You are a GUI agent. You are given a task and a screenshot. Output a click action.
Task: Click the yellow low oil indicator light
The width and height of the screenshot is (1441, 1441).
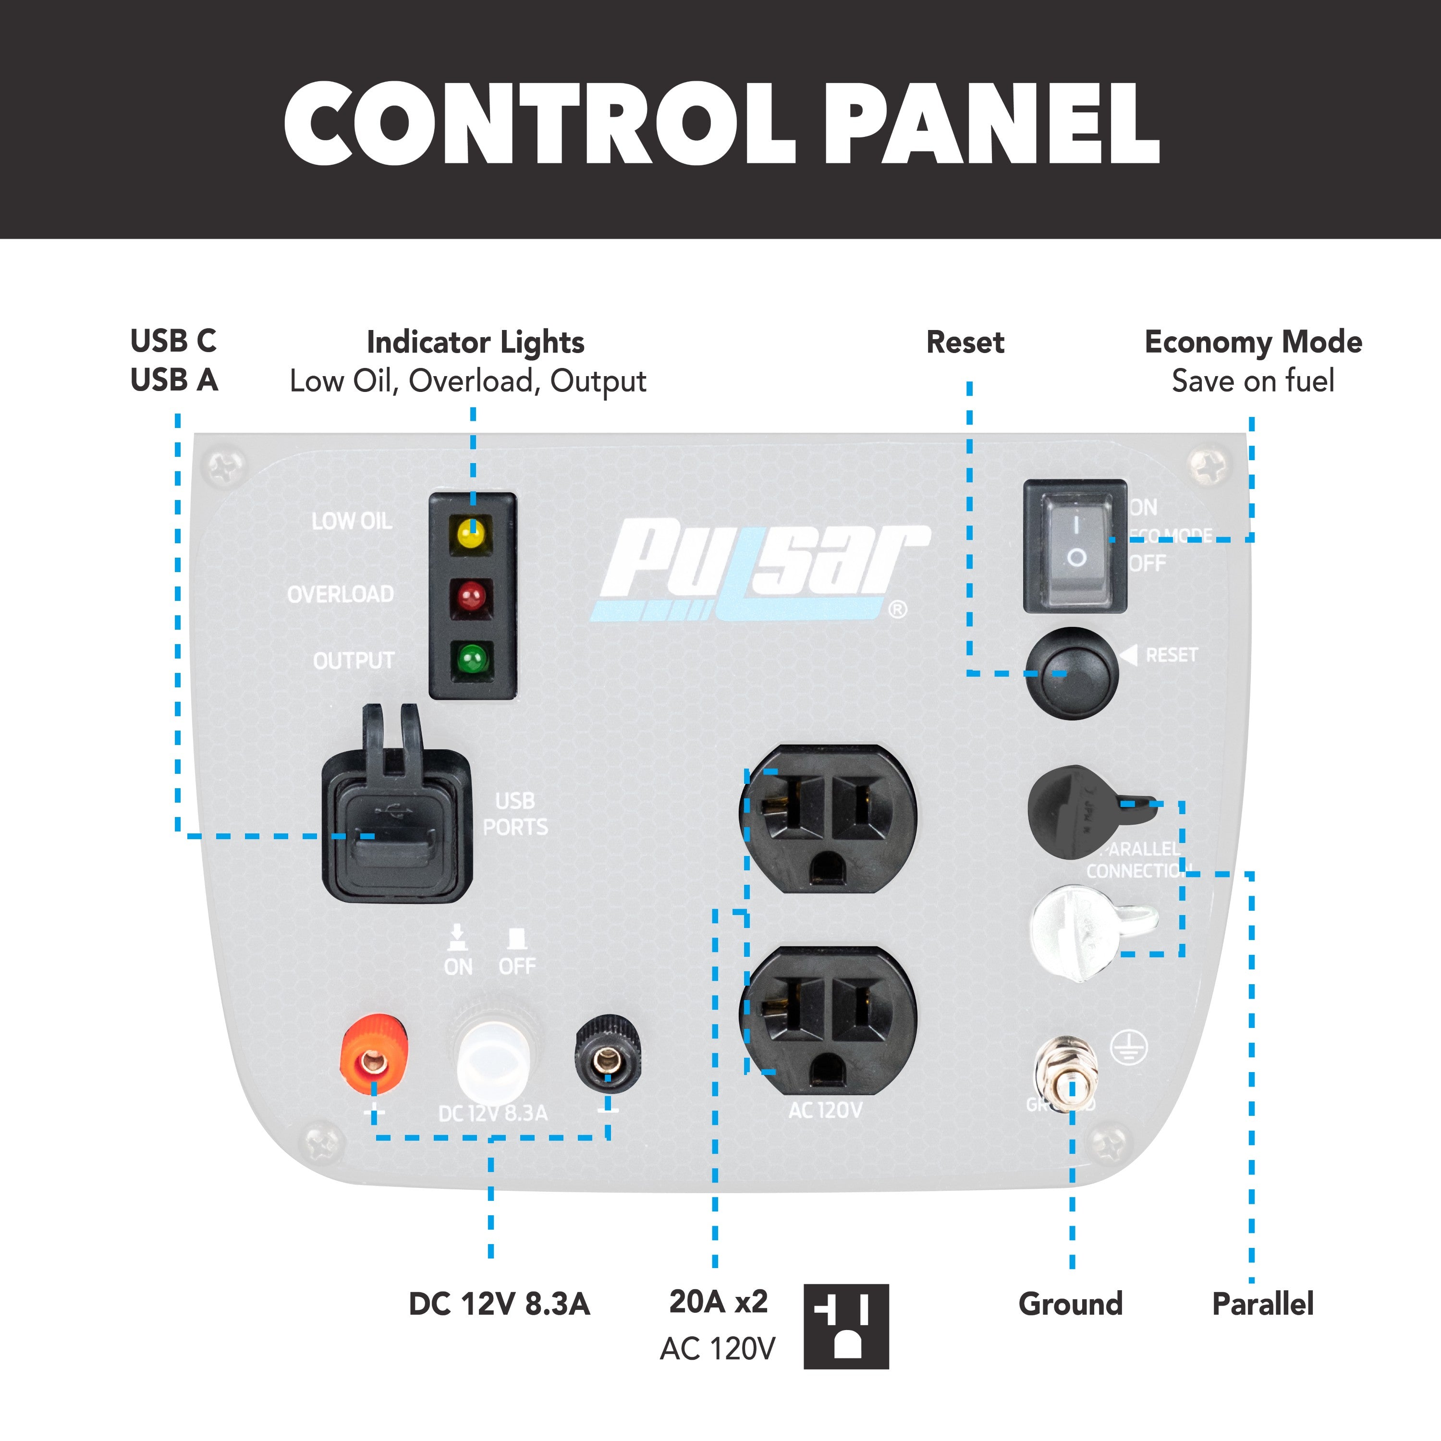click(471, 534)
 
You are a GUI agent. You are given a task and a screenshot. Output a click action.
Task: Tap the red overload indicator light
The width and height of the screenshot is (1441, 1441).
click(471, 597)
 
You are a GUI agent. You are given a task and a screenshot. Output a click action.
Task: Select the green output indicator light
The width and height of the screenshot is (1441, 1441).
click(471, 659)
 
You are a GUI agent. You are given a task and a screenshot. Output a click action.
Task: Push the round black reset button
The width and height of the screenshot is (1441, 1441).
click(1072, 673)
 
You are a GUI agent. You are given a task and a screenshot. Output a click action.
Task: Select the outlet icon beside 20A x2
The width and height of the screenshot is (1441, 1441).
click(846, 1326)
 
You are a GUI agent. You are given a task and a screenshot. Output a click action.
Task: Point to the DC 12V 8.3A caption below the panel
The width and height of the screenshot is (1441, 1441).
click(499, 1304)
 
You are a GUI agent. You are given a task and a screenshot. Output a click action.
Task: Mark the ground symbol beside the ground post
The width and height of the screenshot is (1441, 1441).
click(1128, 1049)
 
